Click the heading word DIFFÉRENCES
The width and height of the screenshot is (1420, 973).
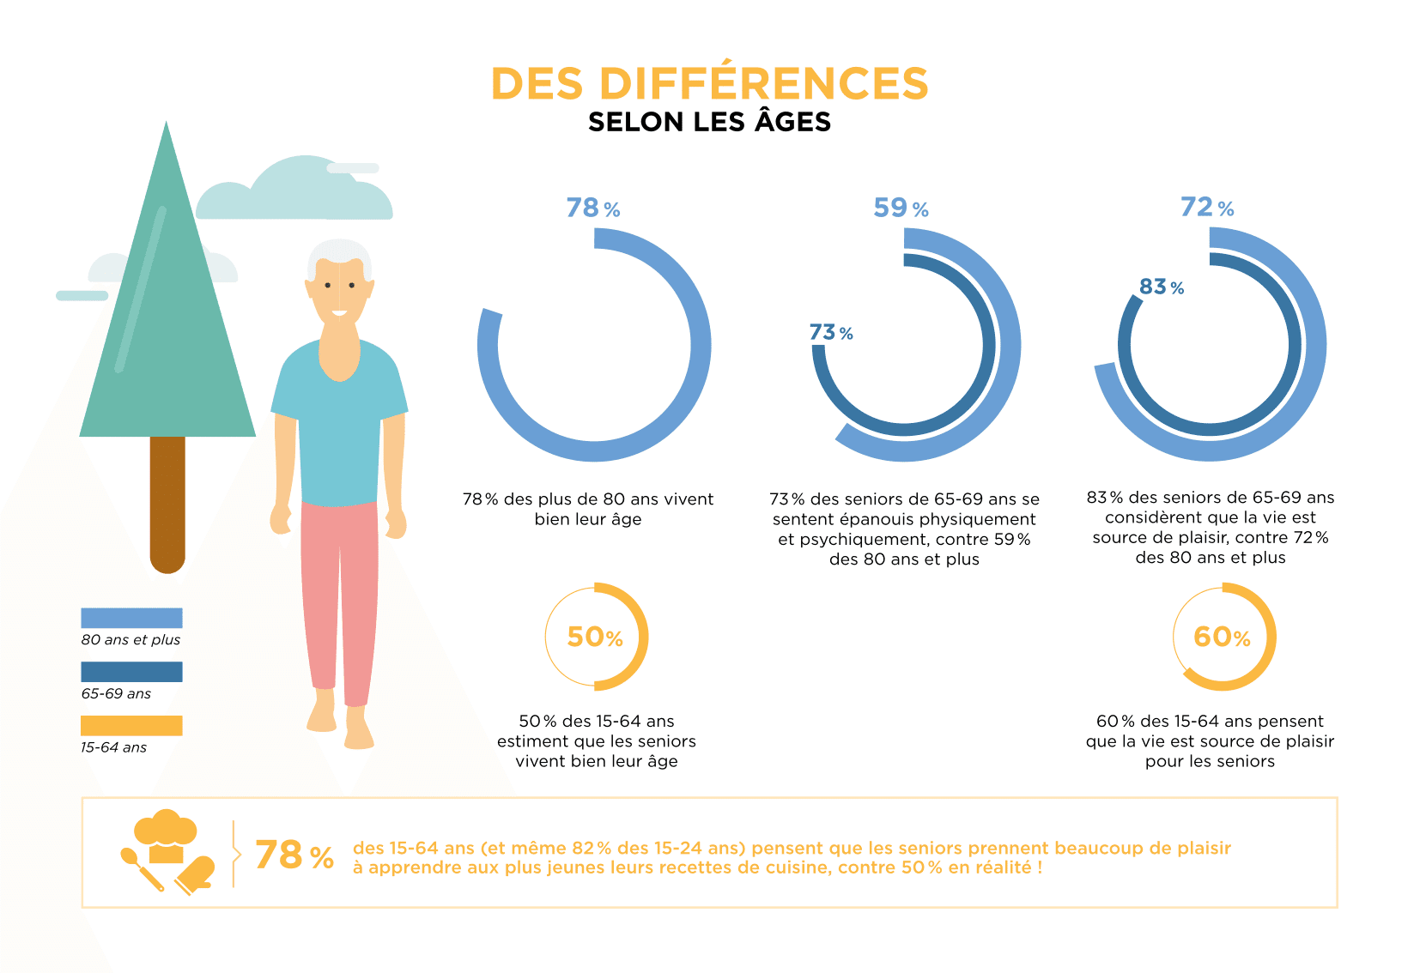pos(763,84)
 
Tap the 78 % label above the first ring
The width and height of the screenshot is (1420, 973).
pos(592,208)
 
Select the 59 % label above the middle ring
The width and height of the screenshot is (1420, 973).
pos(901,208)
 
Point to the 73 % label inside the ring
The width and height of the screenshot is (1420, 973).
pos(830,332)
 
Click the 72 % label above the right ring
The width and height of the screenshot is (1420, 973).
pos(1207,208)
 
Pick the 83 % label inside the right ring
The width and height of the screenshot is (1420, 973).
pos(1161,287)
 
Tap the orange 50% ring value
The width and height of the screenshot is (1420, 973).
pos(595,637)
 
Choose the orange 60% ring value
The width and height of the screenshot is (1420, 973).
pos(1222,637)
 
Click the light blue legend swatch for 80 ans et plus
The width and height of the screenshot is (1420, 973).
pos(131,618)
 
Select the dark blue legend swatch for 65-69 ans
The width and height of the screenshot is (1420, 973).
pos(131,672)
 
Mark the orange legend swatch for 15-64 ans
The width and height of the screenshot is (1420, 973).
pos(131,726)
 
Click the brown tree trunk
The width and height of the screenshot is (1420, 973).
pos(167,502)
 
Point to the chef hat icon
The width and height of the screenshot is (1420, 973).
pos(166,834)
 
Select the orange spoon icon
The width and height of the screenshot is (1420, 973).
pos(141,867)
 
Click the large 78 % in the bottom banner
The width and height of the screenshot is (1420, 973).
pos(294,855)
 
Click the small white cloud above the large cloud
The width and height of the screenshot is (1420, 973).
pos(353,168)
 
